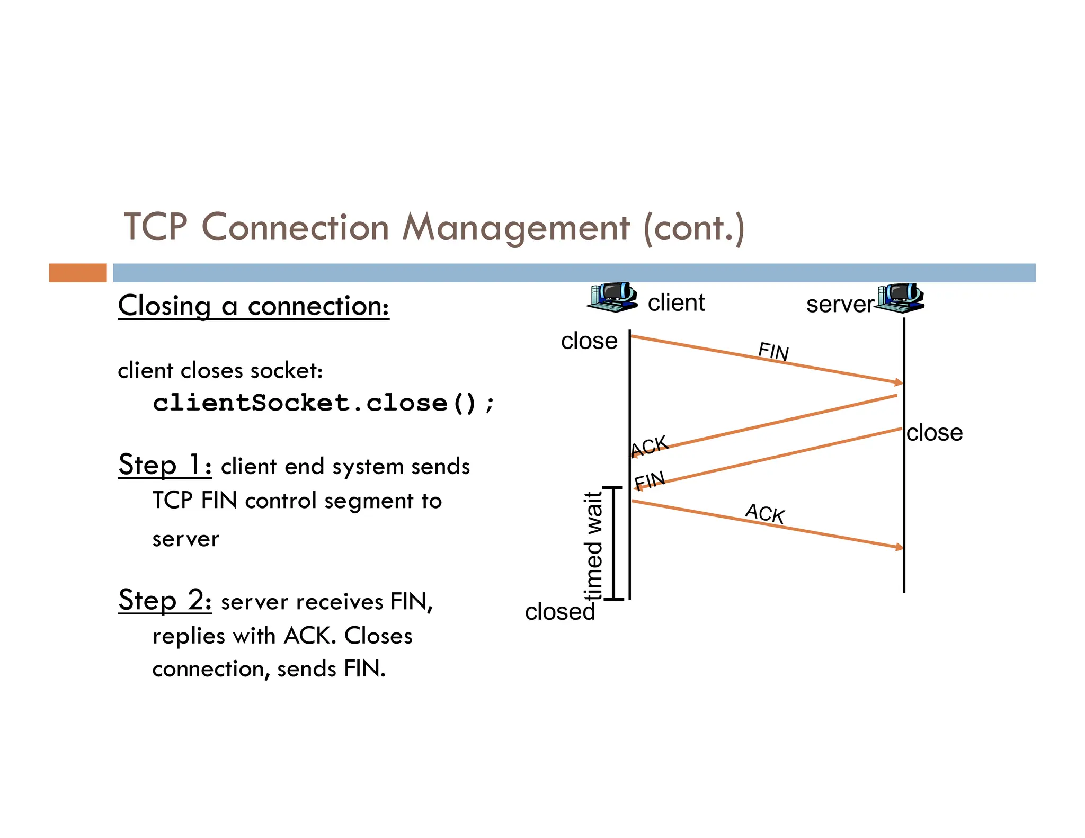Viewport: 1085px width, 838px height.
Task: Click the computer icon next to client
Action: [613, 297]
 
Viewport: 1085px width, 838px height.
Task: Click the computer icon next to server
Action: [900, 298]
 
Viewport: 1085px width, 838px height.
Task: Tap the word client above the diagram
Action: [676, 303]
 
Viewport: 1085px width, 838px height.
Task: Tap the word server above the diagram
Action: [839, 305]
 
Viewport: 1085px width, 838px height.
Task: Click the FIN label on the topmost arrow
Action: [773, 352]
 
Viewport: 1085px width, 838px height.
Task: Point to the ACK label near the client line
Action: [650, 447]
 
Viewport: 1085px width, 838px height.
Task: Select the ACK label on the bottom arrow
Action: [764, 514]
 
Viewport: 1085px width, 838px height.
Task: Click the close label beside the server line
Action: [934, 433]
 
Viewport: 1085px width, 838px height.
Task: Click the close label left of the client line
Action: [589, 341]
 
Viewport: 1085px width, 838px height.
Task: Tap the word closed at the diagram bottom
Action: [560, 612]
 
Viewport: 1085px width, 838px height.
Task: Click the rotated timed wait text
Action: [593, 545]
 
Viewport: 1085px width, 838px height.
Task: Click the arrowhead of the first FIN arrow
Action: [899, 382]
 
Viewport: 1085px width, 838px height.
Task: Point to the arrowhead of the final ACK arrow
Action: [899, 547]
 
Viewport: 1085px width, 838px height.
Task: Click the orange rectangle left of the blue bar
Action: [78, 273]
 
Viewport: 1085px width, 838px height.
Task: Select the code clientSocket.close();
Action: [323, 403]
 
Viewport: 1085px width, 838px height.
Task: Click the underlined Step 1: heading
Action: [165, 465]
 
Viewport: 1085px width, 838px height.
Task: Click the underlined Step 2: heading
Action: [165, 601]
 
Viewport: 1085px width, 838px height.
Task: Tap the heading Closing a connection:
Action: [253, 306]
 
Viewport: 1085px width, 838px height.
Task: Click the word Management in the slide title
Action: [516, 228]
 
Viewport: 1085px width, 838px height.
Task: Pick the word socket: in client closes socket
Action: [287, 371]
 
